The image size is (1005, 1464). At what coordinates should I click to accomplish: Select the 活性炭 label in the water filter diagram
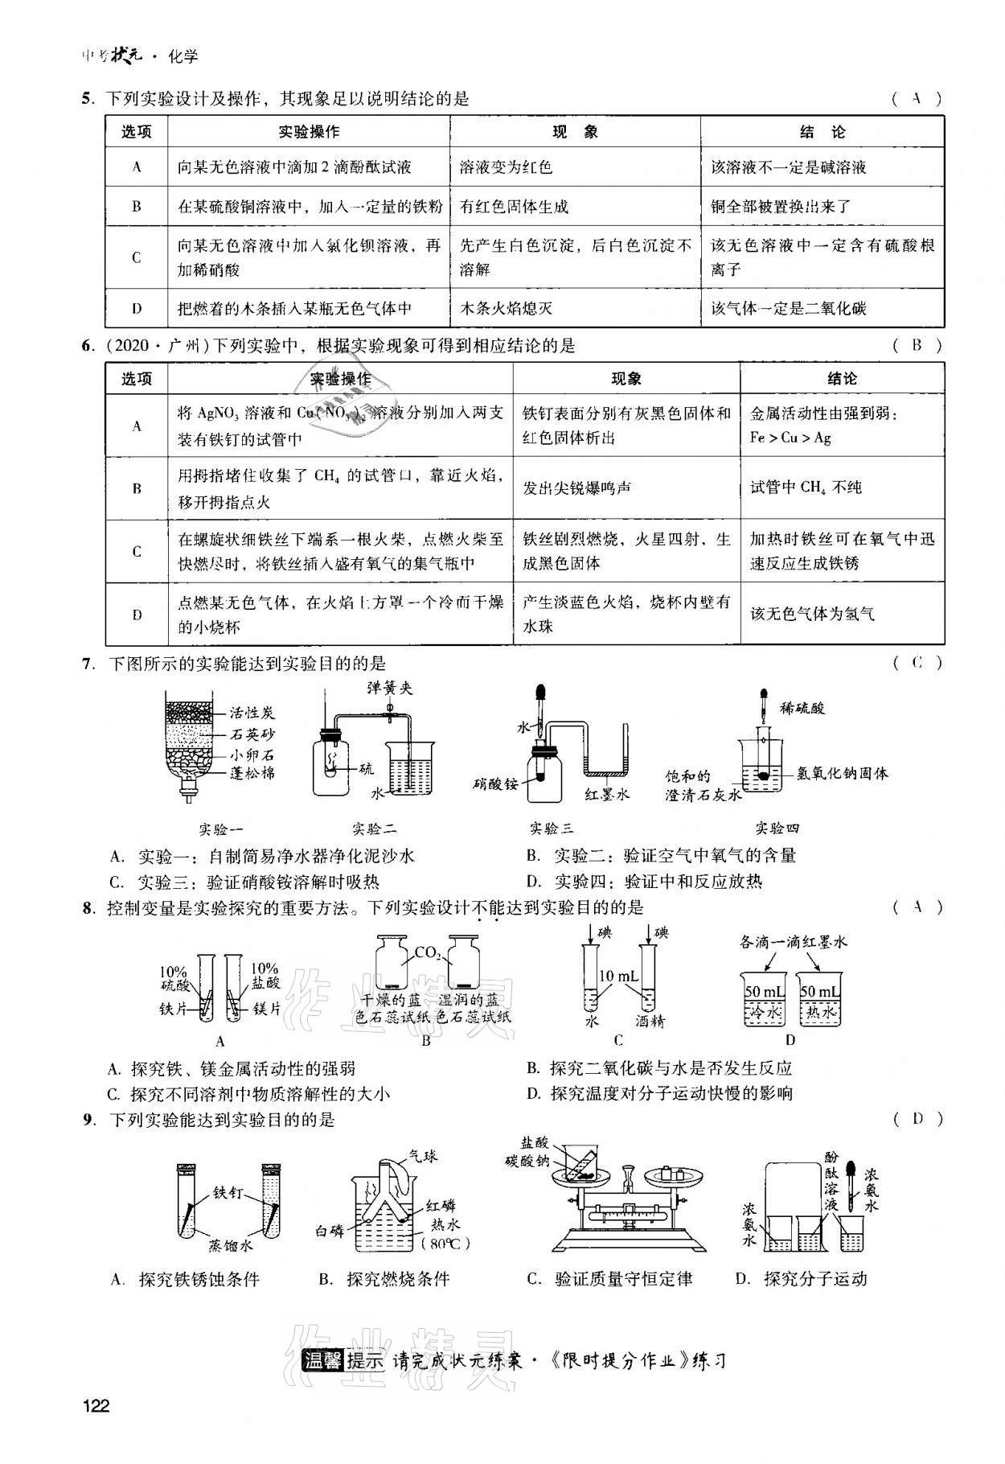point(252,713)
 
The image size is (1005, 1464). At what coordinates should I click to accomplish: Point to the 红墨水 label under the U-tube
point(606,794)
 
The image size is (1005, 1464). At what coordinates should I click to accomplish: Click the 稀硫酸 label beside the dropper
point(802,708)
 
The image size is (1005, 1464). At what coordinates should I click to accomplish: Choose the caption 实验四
point(777,829)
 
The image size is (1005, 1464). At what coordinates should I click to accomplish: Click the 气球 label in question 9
point(423,1156)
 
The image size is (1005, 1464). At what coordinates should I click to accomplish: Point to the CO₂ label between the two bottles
point(427,953)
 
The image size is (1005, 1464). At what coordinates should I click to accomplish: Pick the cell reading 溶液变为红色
point(506,167)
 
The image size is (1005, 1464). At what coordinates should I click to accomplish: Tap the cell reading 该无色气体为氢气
point(812,614)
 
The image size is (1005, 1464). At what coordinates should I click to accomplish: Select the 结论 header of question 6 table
point(842,379)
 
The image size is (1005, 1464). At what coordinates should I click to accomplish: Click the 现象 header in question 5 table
point(575,132)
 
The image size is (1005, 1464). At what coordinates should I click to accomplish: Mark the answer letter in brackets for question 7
point(917,663)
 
